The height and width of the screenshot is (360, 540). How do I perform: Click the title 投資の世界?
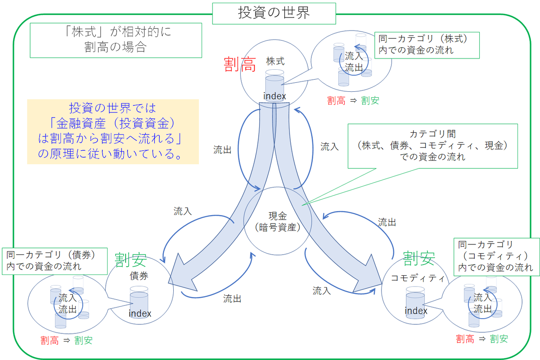click(x=274, y=13)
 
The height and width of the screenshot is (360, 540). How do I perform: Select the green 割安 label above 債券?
click(x=130, y=260)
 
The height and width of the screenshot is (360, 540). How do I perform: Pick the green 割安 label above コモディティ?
click(x=418, y=258)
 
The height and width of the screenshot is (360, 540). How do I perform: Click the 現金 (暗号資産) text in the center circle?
click(x=277, y=221)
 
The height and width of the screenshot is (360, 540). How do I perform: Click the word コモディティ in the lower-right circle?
click(x=415, y=278)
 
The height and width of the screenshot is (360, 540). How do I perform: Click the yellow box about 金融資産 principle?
click(x=112, y=131)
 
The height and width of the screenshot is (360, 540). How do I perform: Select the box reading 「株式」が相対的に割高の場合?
click(x=115, y=40)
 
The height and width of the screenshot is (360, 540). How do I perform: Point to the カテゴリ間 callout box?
click(x=433, y=146)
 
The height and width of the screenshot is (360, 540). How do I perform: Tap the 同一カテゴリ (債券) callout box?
click(x=55, y=261)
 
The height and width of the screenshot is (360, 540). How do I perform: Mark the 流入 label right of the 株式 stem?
click(x=329, y=147)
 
